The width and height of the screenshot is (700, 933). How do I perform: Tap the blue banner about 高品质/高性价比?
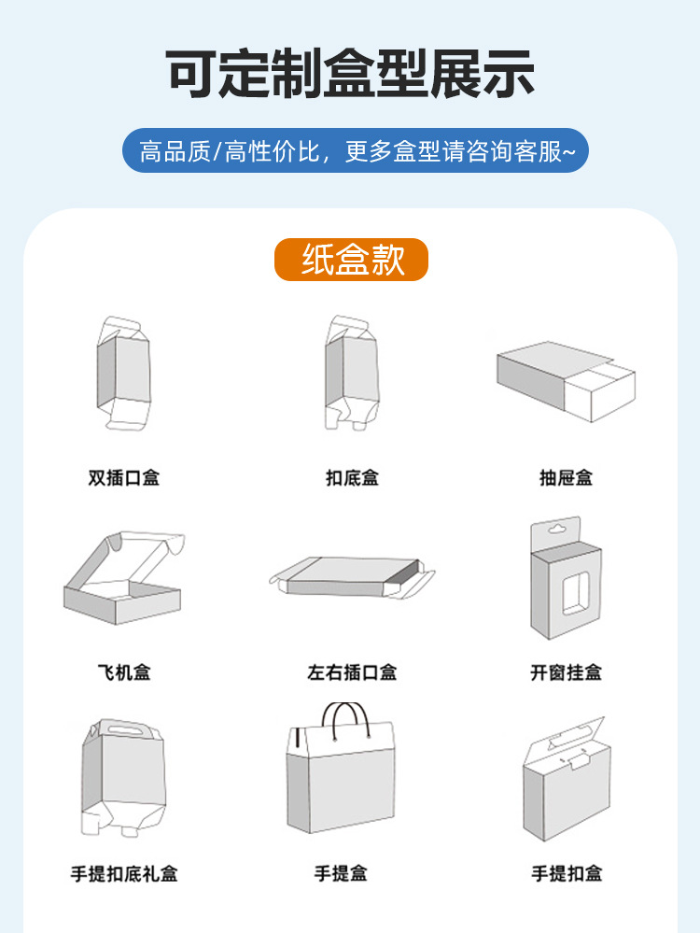point(356,150)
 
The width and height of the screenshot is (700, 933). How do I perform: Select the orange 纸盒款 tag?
point(351,260)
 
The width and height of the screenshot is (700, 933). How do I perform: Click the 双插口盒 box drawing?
point(123,374)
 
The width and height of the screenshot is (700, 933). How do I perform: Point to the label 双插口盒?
point(123,477)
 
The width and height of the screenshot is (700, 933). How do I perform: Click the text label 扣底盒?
point(352,477)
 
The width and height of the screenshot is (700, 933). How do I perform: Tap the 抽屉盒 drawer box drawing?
point(566,381)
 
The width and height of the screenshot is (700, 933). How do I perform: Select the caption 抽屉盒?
point(566,477)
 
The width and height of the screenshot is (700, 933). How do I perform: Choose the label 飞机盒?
point(123,671)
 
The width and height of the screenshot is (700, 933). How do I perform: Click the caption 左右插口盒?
point(352,671)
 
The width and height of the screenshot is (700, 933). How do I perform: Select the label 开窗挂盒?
point(566,671)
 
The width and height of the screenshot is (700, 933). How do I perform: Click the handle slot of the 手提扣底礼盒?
point(118,728)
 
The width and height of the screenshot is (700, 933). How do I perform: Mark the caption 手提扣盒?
point(567,873)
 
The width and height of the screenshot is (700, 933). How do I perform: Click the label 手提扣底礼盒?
point(123,873)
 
